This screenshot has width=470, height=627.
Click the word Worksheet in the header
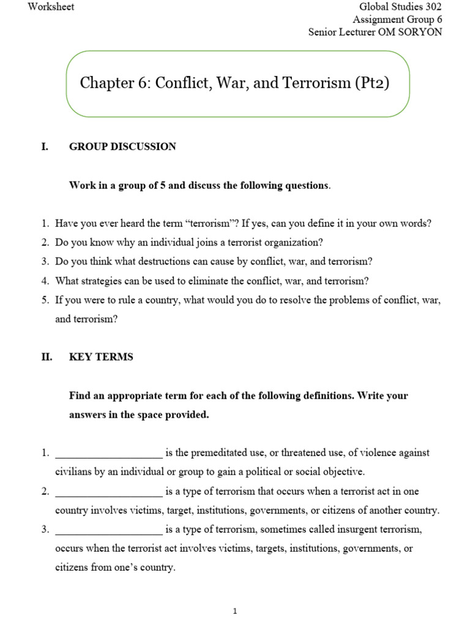(x=51, y=6)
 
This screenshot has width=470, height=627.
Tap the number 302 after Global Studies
(x=431, y=7)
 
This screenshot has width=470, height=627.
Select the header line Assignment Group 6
(x=397, y=20)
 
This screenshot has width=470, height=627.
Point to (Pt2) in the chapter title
(x=371, y=83)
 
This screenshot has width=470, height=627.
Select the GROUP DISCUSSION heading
(x=122, y=146)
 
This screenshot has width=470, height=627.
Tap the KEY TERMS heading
(x=101, y=357)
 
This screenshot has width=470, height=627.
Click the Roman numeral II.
(x=47, y=357)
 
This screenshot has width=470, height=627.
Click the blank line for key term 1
(x=108, y=454)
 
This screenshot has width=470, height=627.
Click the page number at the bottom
(x=235, y=611)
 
